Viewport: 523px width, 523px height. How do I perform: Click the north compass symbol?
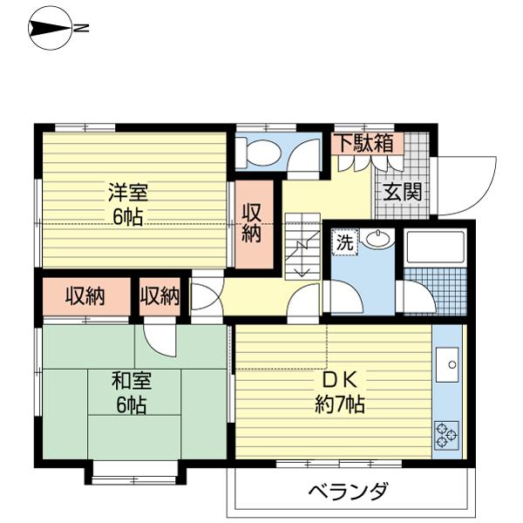tap(51, 29)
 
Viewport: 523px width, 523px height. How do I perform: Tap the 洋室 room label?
tap(128, 192)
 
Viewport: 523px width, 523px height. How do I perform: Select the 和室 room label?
tap(132, 381)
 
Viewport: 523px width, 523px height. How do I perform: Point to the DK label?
tap(340, 380)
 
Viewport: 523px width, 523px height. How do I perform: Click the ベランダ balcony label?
tap(348, 491)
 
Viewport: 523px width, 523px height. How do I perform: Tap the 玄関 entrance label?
tap(403, 192)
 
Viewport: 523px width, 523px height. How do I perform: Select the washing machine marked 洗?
tap(345, 242)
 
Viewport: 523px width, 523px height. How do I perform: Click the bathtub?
tap(435, 246)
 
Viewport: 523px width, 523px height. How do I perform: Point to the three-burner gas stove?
tap(446, 435)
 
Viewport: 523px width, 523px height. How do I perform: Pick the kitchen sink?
tap(447, 364)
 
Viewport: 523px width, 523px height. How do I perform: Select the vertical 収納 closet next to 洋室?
tap(255, 224)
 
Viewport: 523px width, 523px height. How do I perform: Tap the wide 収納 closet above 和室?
tap(86, 296)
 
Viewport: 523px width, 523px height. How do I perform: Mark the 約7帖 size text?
tap(340, 404)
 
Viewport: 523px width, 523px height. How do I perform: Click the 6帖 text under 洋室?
tap(128, 217)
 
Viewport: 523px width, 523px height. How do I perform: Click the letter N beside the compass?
tap(82, 29)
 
